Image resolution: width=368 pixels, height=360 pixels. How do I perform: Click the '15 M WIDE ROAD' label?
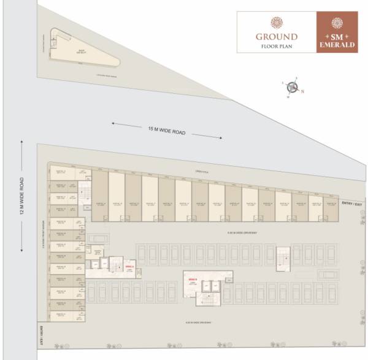click(167, 130)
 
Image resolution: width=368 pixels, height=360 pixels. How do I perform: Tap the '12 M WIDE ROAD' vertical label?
click(21, 198)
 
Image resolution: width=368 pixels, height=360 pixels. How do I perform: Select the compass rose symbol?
click(292, 88)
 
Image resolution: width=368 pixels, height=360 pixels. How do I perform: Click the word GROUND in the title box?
click(277, 37)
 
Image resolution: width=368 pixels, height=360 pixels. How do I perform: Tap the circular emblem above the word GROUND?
click(277, 23)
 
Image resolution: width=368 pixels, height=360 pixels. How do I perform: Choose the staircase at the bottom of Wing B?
click(204, 299)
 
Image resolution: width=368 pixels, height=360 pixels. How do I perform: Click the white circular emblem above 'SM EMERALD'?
click(337, 23)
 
